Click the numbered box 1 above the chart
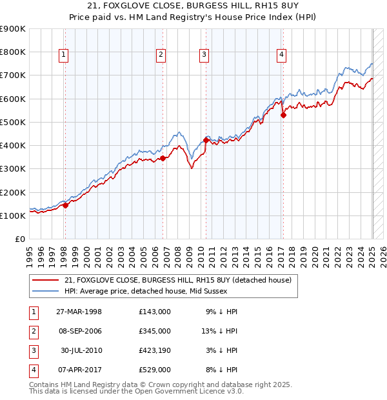tap(64, 55)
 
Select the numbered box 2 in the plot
tap(160, 55)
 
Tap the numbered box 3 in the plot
tap(203, 55)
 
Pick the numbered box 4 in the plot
tap(282, 55)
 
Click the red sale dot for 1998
tap(65, 205)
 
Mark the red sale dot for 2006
tap(163, 158)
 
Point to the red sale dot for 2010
tap(206, 140)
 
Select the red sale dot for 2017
tap(283, 115)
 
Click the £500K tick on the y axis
tap(13, 122)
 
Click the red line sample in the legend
tap(45, 280)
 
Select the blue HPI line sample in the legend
tap(45, 290)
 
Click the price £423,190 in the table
tap(154, 350)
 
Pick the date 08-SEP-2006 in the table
tap(80, 331)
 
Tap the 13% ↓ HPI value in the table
tap(219, 331)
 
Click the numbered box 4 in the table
tap(32, 370)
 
